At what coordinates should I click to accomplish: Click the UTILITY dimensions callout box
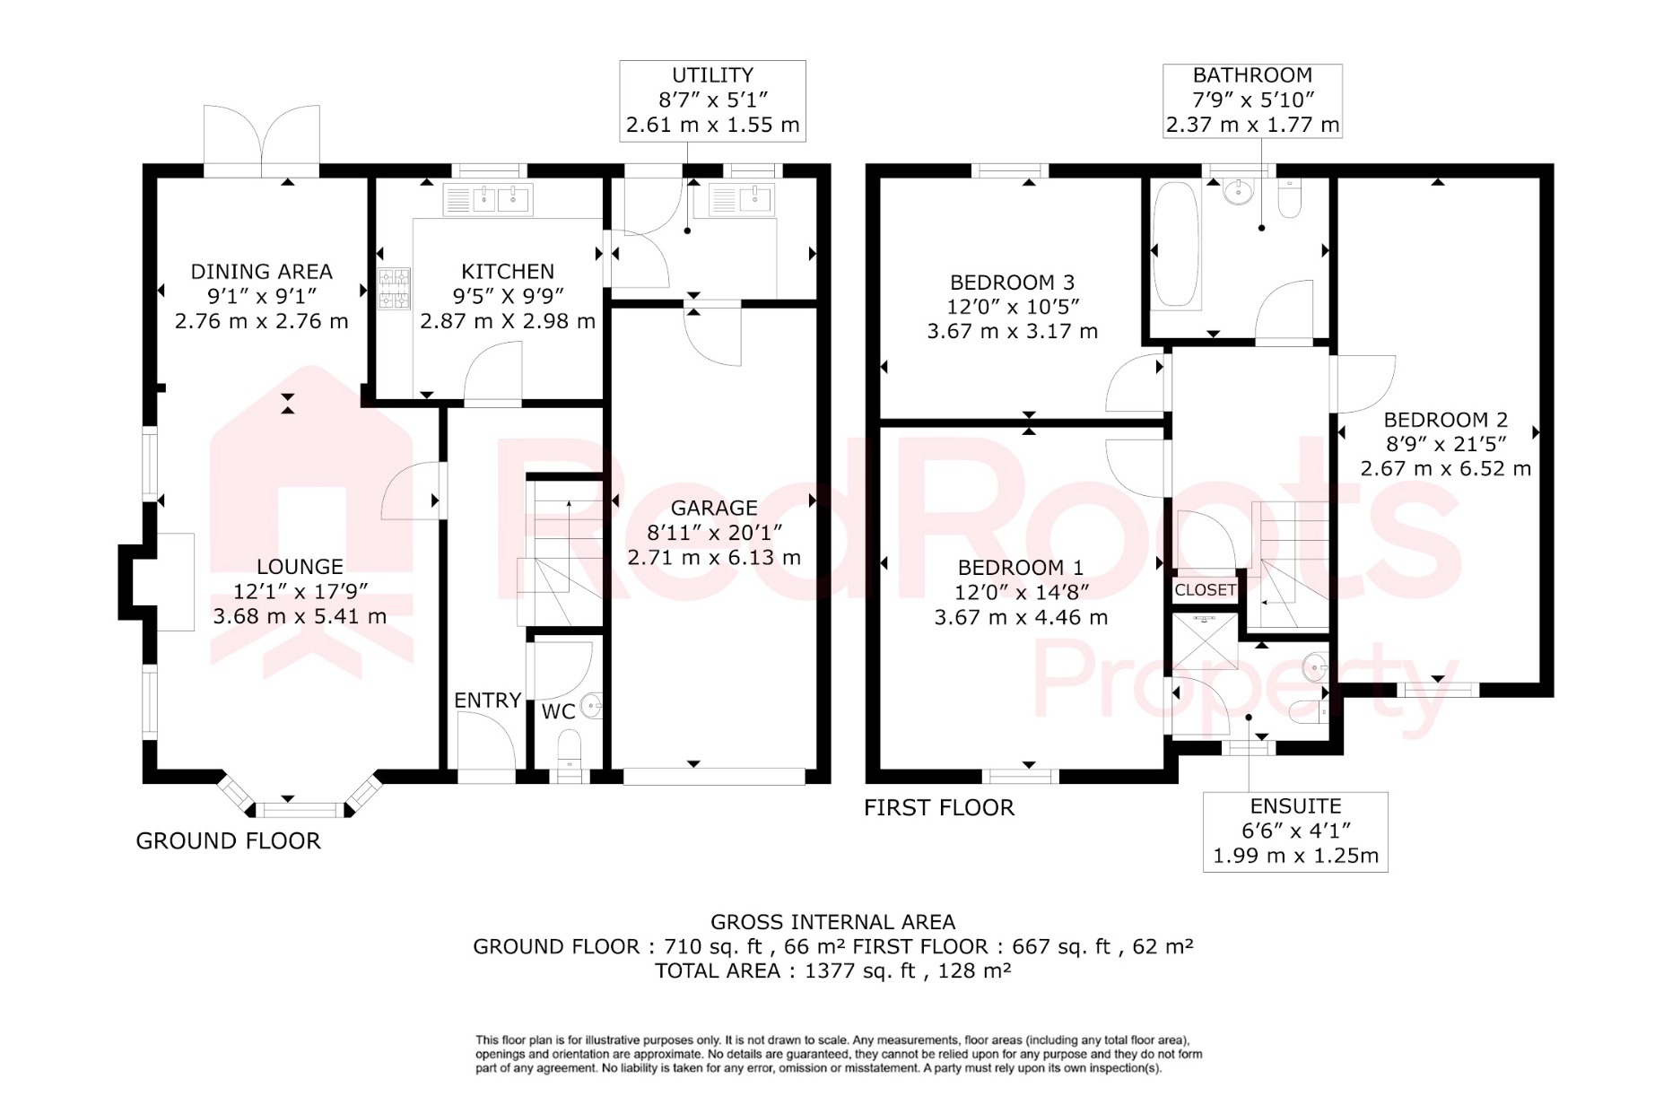click(x=712, y=100)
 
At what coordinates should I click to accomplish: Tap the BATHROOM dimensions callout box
click(x=1252, y=100)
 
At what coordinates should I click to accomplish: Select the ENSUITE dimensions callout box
click(x=1295, y=831)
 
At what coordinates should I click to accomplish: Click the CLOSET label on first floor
click(x=1205, y=590)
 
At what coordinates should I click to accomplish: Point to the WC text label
click(x=558, y=712)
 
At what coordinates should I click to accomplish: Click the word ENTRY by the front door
click(x=487, y=700)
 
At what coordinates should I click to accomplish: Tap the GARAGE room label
click(x=714, y=508)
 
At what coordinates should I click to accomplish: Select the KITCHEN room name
click(x=508, y=271)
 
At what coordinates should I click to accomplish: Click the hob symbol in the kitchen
click(x=395, y=289)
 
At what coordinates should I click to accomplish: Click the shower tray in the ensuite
click(x=1205, y=640)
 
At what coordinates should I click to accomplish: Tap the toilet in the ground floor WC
click(x=570, y=750)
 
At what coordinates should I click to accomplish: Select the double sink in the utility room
click(x=741, y=200)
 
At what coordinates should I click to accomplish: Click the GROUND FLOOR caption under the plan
click(x=228, y=840)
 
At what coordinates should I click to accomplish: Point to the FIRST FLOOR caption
click(x=939, y=807)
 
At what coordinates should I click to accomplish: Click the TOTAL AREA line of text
click(x=832, y=970)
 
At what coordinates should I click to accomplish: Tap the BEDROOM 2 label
click(x=1445, y=419)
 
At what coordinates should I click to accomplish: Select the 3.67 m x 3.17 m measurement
click(x=1012, y=331)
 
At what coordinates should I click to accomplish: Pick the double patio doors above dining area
click(x=261, y=142)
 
